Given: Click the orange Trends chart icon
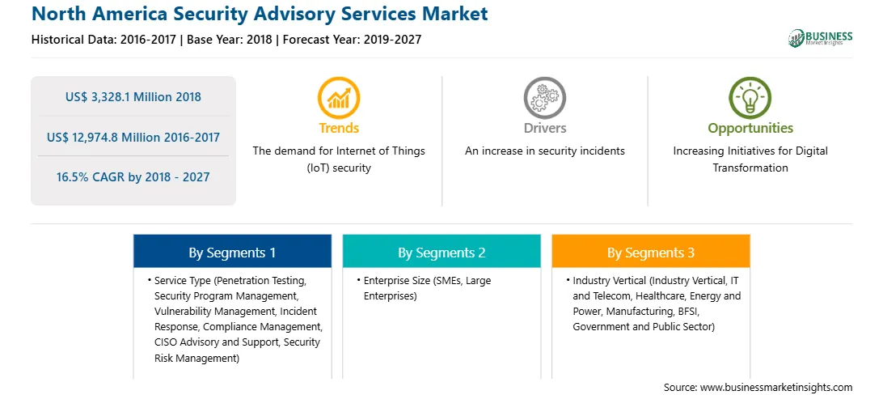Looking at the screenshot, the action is pos(339,98).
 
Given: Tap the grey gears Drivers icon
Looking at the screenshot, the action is pos(544,98).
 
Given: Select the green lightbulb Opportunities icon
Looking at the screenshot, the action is pos(750,98).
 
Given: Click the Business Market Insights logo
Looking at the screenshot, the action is pos(820,38).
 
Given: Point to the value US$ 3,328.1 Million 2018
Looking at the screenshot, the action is pos(133,97).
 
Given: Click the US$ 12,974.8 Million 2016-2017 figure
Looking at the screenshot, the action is pos(133,137).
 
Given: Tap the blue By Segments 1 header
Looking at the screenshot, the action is pos(232,251).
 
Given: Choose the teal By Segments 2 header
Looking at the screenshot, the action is pos(441,251).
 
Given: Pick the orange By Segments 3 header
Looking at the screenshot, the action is pos(651,251).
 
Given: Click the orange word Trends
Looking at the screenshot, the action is pos(339,129).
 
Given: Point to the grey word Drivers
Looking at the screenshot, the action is pos(544,129).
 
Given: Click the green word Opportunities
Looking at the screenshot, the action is pos(750,129).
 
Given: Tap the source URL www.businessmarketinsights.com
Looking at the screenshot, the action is pos(776,387).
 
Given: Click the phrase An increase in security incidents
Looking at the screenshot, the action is pos(544,151).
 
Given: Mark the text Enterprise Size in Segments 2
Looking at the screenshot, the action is pos(397,280).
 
